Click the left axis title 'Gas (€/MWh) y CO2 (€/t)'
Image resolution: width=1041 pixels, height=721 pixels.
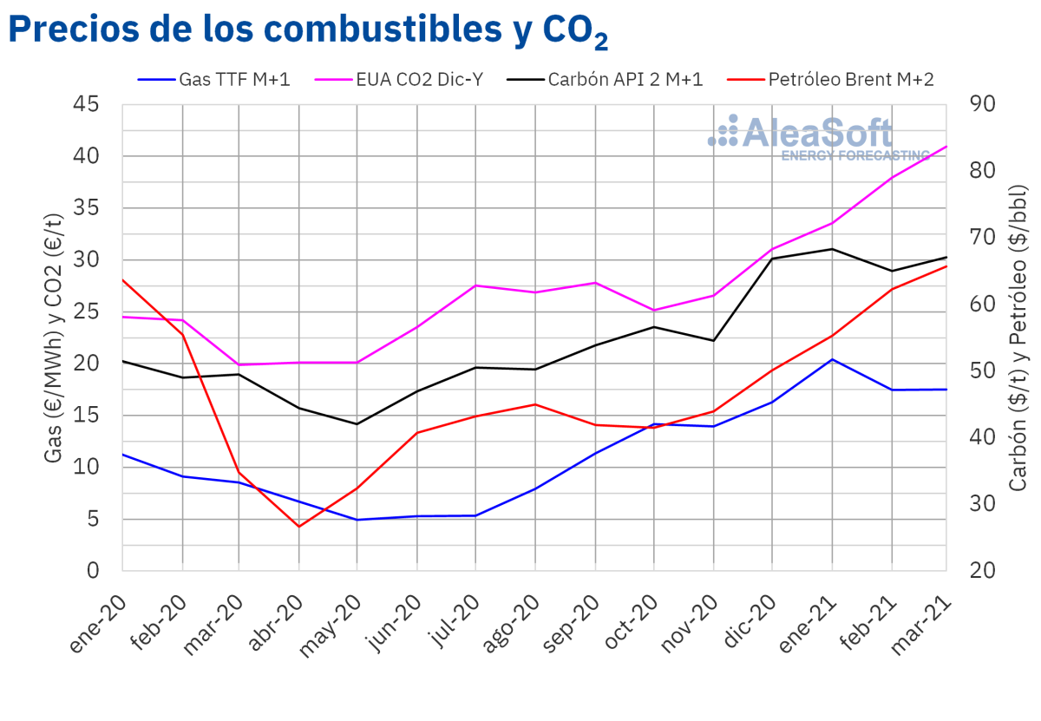(x=54, y=338)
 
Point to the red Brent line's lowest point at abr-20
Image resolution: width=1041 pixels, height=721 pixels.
(x=299, y=527)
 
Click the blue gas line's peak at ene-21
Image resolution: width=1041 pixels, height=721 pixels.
(x=832, y=359)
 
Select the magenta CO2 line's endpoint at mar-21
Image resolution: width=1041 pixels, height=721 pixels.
(x=946, y=147)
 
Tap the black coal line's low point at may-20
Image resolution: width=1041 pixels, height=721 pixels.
(x=357, y=424)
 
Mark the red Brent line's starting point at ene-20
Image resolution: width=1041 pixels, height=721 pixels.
(x=122, y=280)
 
